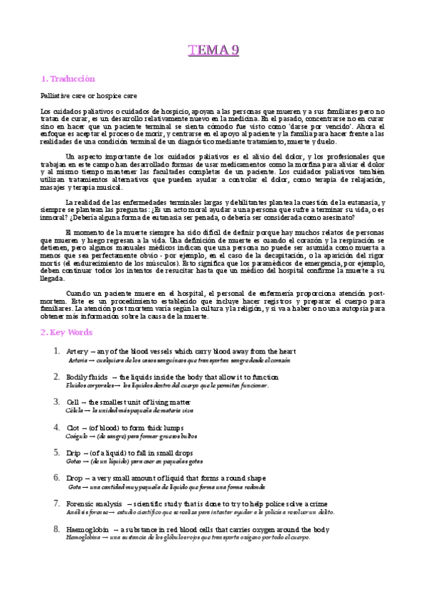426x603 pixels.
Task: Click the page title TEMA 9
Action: click(x=213, y=49)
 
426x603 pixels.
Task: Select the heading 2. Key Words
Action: click(x=66, y=332)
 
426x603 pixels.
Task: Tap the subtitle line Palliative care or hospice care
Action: click(x=89, y=95)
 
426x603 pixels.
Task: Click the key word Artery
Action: click(x=77, y=351)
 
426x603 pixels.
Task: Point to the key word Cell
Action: click(x=73, y=402)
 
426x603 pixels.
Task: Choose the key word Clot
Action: click(x=73, y=427)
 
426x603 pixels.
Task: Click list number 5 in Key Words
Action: click(x=56, y=452)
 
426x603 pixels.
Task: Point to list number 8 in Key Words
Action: click(x=56, y=529)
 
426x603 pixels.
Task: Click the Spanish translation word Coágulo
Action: click(x=79, y=436)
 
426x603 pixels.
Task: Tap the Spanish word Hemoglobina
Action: click(x=85, y=538)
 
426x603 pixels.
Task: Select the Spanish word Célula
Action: click(x=75, y=410)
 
